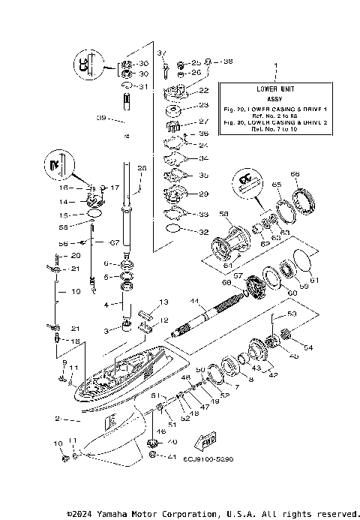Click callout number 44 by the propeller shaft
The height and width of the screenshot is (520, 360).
(193, 301)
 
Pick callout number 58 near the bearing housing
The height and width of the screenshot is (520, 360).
(223, 215)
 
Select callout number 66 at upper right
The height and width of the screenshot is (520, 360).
(295, 174)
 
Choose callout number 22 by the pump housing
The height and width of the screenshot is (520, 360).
(204, 91)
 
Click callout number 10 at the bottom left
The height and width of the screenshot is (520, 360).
(57, 445)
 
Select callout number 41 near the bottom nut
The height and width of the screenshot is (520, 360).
(171, 456)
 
